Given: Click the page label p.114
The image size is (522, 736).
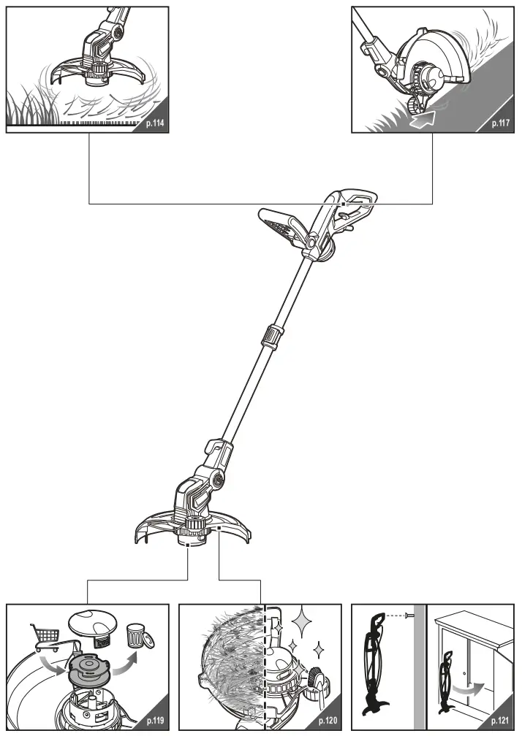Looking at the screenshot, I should (154, 124).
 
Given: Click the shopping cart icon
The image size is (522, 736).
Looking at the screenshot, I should (44, 637).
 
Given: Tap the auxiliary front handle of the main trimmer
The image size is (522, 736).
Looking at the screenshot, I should (282, 225).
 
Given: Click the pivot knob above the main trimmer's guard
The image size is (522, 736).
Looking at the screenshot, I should (216, 478).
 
